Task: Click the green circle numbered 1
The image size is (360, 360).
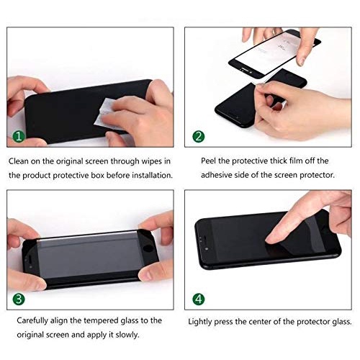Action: click(x=18, y=135)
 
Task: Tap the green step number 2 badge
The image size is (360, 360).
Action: click(x=199, y=135)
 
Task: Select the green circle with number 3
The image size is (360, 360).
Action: click(x=18, y=298)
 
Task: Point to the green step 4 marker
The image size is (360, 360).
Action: click(x=199, y=298)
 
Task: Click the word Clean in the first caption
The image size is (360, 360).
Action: click(x=19, y=160)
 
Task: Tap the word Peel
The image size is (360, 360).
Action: click(x=198, y=160)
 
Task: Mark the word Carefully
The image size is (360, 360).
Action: click(x=26, y=320)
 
